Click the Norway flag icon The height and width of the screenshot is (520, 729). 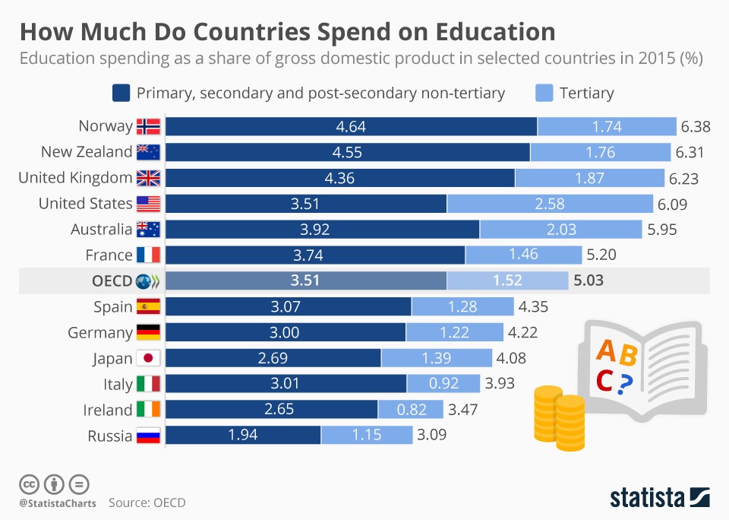148,126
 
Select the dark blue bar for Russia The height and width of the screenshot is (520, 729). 243,436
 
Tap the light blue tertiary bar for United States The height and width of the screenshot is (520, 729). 550,204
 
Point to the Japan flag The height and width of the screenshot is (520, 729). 148,358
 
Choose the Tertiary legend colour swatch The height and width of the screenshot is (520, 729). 543,94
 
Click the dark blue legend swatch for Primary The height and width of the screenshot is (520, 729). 121,94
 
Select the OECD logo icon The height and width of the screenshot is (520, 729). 148,281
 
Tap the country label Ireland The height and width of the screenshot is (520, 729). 107,410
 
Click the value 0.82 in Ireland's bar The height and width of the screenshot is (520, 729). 412,410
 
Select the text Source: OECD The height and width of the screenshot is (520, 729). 147,503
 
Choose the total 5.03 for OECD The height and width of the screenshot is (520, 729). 589,281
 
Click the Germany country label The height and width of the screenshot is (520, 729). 99,332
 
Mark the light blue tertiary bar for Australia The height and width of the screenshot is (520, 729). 561,230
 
